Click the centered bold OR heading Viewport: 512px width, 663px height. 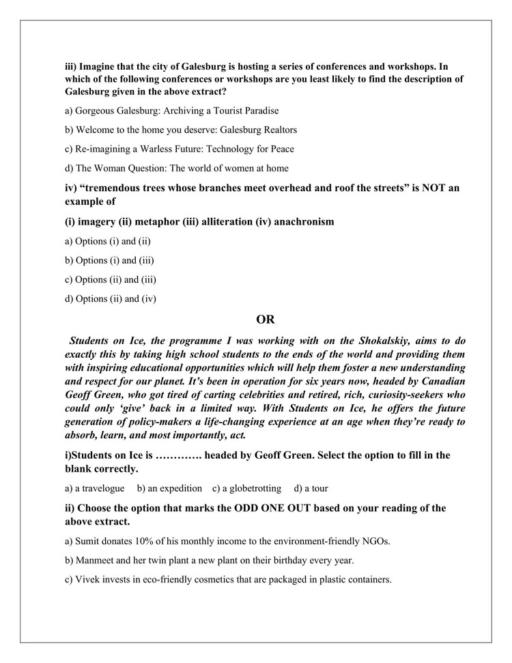click(265, 319)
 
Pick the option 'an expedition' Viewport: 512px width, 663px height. click(169, 488)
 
